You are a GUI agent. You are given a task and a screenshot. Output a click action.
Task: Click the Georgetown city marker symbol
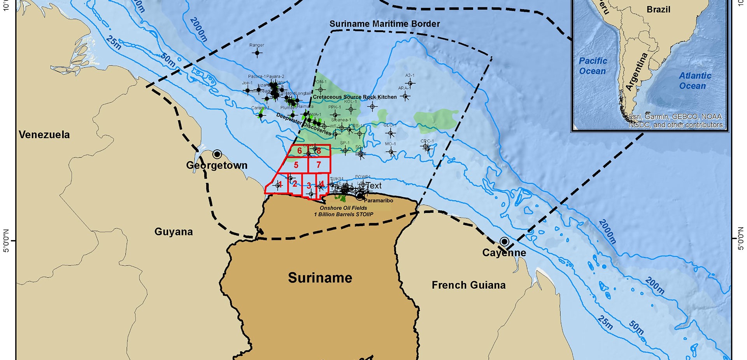(217, 154)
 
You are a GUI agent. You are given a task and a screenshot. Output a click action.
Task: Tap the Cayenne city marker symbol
(504, 242)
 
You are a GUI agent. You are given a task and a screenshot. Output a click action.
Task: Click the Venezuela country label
(44, 135)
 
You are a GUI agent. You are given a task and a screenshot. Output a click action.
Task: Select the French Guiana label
(468, 285)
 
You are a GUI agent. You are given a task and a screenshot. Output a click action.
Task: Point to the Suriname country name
(320, 278)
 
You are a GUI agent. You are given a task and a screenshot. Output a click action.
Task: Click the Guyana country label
(174, 232)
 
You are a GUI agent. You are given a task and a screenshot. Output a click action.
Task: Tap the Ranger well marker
(257, 53)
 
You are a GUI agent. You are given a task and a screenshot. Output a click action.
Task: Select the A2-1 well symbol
(410, 83)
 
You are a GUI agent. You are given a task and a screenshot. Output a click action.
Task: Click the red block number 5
(296, 165)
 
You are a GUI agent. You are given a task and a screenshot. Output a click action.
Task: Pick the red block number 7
(319, 165)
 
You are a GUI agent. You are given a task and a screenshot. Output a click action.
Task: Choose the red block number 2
(295, 184)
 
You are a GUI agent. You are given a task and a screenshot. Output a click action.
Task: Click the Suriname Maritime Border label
(384, 24)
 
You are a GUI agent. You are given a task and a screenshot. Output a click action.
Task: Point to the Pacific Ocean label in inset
(593, 66)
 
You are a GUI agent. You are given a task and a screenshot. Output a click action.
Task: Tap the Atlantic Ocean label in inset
(695, 81)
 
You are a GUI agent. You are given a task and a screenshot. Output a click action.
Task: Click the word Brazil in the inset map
(658, 9)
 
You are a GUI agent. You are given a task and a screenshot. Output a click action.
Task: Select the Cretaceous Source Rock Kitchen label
(354, 97)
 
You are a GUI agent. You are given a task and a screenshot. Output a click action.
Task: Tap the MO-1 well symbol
(391, 151)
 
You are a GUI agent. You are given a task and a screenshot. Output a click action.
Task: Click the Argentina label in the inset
(637, 72)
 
